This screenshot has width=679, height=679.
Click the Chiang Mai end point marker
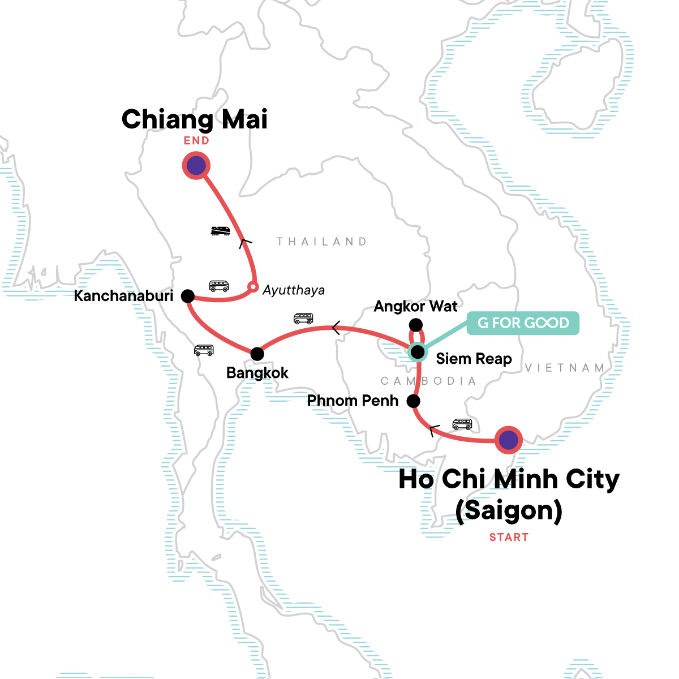pos(196,166)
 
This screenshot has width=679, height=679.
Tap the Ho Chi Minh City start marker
pos(509,440)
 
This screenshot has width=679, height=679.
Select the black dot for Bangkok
pos(257,354)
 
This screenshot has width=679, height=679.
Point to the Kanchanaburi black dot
pos(187,295)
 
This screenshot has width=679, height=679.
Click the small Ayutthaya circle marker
pos(253,287)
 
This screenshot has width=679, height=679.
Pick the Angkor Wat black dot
pos(415,325)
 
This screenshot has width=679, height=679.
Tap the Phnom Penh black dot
pos(414,401)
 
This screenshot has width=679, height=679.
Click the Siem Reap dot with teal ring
pos(418,353)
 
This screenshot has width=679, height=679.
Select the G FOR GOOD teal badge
pos(523,323)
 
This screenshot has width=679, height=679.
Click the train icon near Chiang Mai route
pos(220,230)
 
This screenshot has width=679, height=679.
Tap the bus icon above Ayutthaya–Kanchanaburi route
pos(219,285)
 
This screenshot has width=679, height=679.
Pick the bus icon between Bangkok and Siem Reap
pos(303,318)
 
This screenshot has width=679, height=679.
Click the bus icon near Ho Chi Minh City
pos(462,424)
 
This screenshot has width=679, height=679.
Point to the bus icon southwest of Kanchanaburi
pos(204,350)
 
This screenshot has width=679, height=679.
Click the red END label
pos(196,141)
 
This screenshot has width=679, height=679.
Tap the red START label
pos(509,537)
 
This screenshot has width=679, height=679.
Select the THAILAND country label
pos(321,242)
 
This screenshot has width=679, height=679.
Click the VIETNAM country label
pos(565,368)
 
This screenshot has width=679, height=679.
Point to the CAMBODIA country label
pos(428,381)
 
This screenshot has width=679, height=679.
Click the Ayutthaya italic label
pos(294,290)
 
